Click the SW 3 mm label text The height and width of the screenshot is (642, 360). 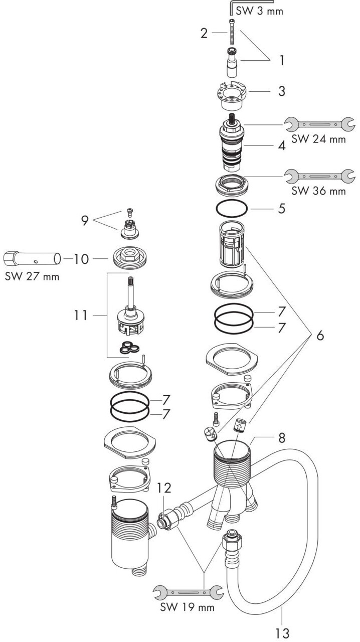pos(259,11)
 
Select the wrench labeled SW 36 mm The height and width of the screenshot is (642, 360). pos(319,176)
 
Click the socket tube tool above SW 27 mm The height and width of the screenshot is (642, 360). pos(32,258)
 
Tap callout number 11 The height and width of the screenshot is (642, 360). pos(80,315)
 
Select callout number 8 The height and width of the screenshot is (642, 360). pos(282,438)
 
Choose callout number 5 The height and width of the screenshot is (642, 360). pos(282,209)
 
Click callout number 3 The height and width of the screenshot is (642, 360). pos(282,91)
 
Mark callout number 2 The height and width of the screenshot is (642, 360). pos(204,33)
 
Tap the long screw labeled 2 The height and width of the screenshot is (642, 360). pos(231,31)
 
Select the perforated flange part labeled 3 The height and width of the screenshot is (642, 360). pos(231,96)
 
